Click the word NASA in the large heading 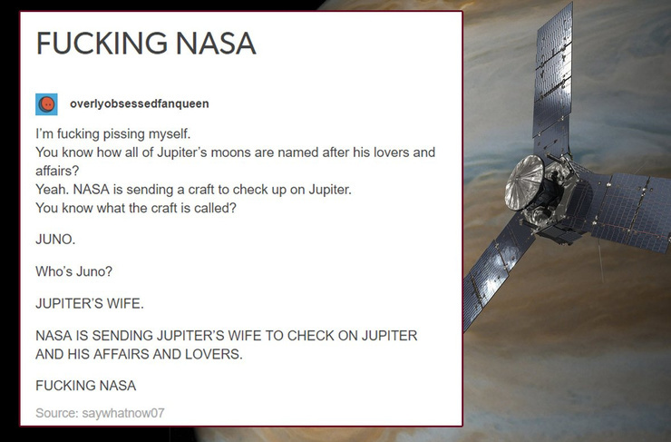(x=216, y=44)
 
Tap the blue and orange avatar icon (x=46, y=104)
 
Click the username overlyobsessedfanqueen (x=140, y=103)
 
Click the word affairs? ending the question (x=57, y=171)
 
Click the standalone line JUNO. (x=55, y=239)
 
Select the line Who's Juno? (x=74, y=271)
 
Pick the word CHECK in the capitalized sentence (x=311, y=335)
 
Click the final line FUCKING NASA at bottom (x=85, y=386)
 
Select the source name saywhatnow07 (x=123, y=413)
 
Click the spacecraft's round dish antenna (x=524, y=182)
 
